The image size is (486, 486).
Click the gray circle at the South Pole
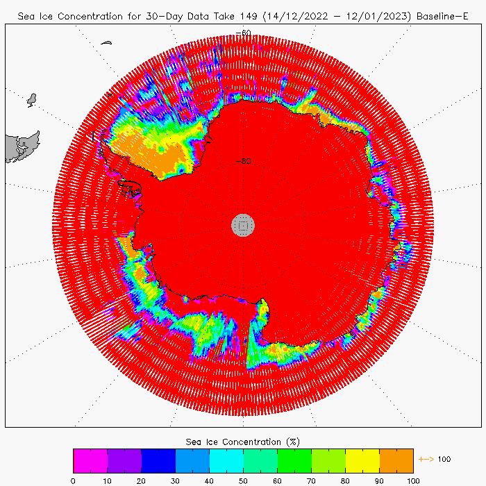click(243, 224)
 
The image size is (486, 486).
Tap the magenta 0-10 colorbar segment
click(90, 460)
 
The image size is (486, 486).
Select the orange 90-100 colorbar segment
click(396, 460)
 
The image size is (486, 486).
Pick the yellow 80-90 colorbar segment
click(362, 460)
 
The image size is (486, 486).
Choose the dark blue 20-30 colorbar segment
click(158, 460)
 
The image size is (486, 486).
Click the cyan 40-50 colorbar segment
click(226, 460)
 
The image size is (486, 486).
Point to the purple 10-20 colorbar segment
click(124, 460)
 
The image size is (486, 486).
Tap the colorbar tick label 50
click(243, 480)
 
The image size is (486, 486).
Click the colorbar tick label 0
click(73, 480)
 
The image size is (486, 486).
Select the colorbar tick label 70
click(311, 480)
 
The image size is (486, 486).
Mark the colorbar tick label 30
click(175, 480)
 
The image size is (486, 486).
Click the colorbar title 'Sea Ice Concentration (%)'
click(243, 442)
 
